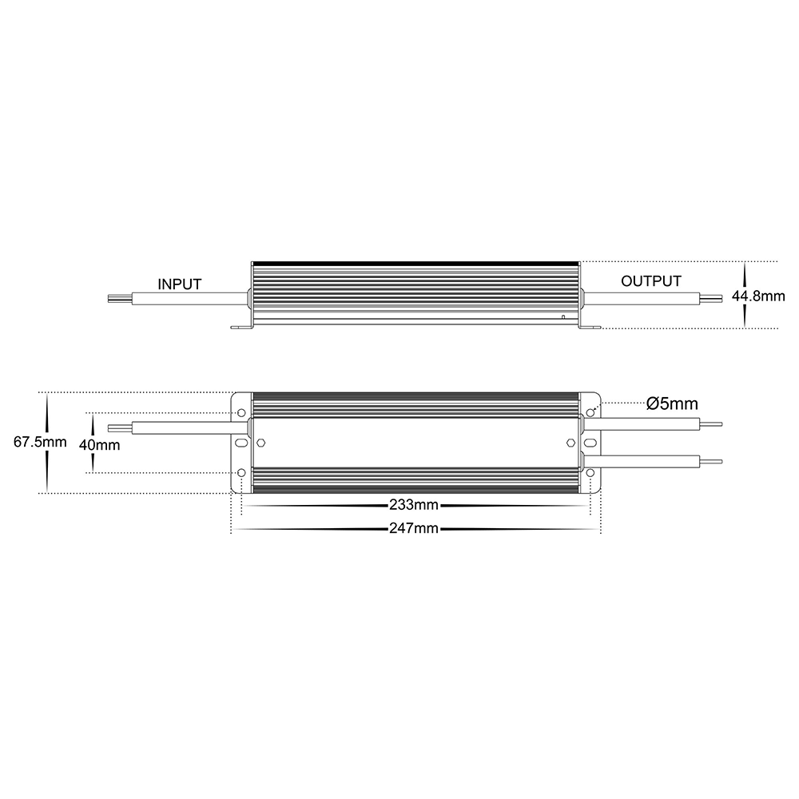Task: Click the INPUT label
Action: pyautogui.click(x=179, y=284)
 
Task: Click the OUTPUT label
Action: pyautogui.click(x=650, y=280)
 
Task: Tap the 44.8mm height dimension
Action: pyautogui.click(x=758, y=296)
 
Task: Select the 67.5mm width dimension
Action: pyautogui.click(x=40, y=442)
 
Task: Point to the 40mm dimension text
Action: pyautogui.click(x=99, y=445)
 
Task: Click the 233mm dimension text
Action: pyautogui.click(x=414, y=505)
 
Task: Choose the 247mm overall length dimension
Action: pyautogui.click(x=414, y=528)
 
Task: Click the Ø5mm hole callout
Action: pyautogui.click(x=672, y=403)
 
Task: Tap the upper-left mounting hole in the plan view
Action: pyautogui.click(x=241, y=413)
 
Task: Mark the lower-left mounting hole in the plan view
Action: pyautogui.click(x=241, y=473)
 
